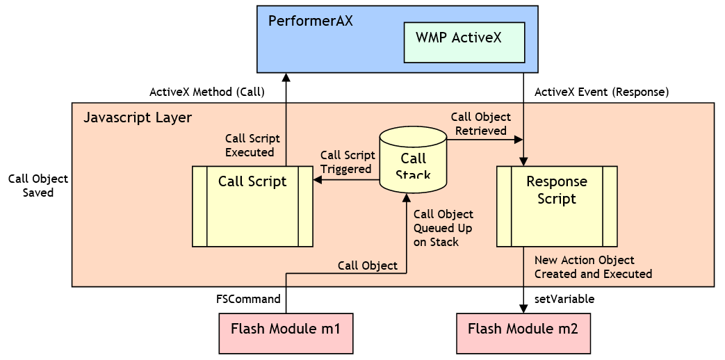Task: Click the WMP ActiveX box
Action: pyautogui.click(x=464, y=42)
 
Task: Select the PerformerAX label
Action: pyautogui.click(x=310, y=21)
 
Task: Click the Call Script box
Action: pyautogui.click(x=252, y=206)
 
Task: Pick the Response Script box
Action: pyautogui.click(x=557, y=206)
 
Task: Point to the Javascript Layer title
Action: pyautogui.click(x=137, y=117)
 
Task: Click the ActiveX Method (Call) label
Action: pyautogui.click(x=207, y=92)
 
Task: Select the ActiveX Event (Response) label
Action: pyautogui.click(x=601, y=92)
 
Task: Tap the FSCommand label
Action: pyautogui.click(x=248, y=300)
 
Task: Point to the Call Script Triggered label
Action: pyautogui.click(x=345, y=162)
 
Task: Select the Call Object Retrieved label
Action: pyautogui.click(x=480, y=124)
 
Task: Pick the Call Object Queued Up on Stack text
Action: pyautogui.click(x=443, y=228)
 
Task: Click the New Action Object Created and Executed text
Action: pyautogui.click(x=592, y=267)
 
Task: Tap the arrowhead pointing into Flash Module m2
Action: pyautogui.click(x=523, y=308)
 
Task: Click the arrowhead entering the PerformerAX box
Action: pyautogui.click(x=286, y=78)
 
